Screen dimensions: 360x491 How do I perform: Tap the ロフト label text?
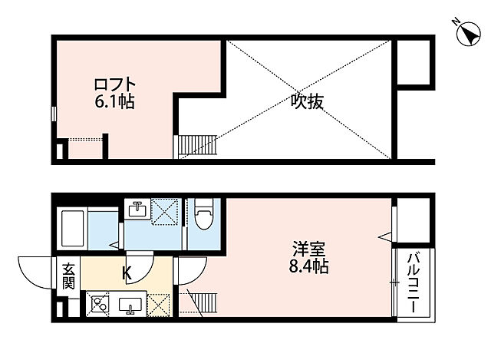115,84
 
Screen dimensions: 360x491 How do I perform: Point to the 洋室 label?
309,250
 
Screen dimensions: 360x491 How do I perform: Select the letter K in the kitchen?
128,271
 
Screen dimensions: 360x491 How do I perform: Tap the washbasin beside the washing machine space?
140,210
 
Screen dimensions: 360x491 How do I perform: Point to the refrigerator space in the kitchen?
159,306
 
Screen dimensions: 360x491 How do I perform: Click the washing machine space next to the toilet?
165,212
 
